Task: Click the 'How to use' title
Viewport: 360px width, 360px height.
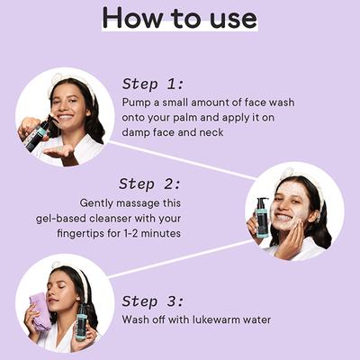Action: (180, 18)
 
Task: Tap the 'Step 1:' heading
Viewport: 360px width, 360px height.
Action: (152, 85)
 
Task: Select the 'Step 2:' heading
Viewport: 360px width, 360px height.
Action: (150, 184)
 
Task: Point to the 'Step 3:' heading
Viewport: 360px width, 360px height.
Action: (152, 301)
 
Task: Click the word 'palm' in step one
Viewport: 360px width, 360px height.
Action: (185, 118)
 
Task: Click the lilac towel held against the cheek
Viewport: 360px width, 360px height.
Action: (40, 312)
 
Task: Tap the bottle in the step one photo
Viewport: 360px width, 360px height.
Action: (36, 132)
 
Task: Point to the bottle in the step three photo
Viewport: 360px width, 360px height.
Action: (81, 322)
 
